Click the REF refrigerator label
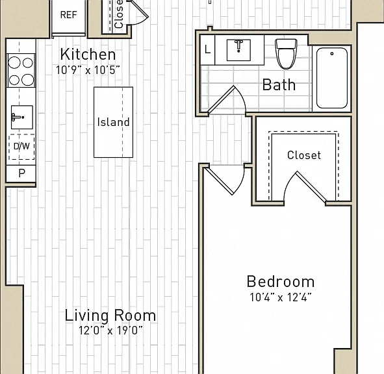[x=69, y=15]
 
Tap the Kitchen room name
[x=88, y=55]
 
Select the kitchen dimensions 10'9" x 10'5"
[x=88, y=70]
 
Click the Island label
[x=114, y=122]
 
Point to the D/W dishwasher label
[x=21, y=146]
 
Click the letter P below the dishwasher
[x=22, y=173]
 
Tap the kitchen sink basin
[x=22, y=118]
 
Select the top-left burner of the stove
[x=14, y=62]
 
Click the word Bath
[x=279, y=84]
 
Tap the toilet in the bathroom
[x=287, y=53]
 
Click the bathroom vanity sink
[x=238, y=50]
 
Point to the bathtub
[x=332, y=78]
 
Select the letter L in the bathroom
[x=207, y=49]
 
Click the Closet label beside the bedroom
[x=304, y=155]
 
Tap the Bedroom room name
[x=281, y=282]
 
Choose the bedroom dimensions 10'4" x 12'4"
[x=281, y=297]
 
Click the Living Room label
[x=110, y=316]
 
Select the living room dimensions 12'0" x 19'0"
[x=110, y=330]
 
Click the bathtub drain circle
[x=332, y=54]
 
